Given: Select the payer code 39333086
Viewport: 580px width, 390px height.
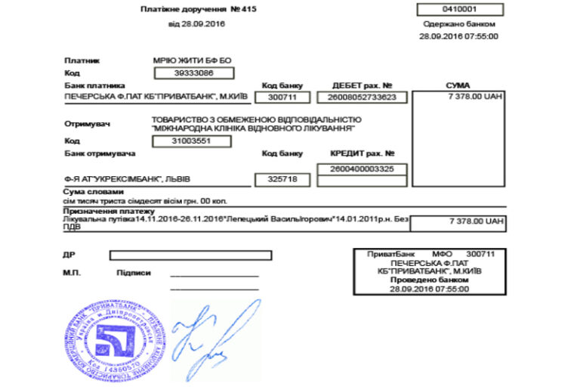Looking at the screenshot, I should point(193,73).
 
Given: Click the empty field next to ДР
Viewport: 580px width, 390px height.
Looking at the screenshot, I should point(190,255).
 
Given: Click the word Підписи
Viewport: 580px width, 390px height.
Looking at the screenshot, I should point(134,272).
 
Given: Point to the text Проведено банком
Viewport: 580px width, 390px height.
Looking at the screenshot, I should point(429,280).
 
